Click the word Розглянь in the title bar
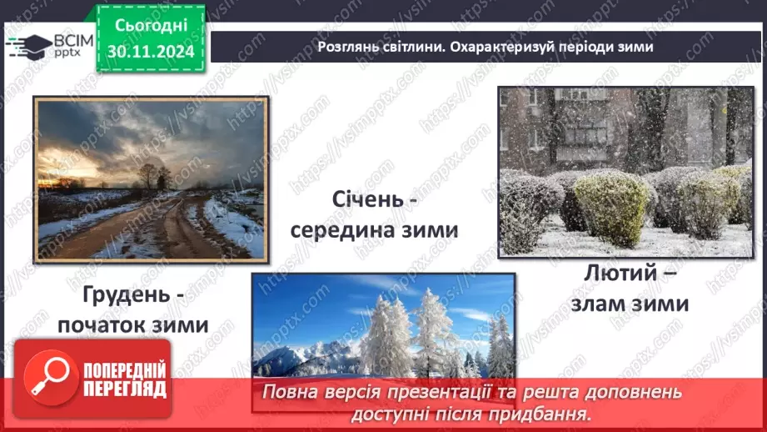pyautogui.click(x=349, y=47)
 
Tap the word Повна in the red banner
pyautogui.click(x=292, y=391)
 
